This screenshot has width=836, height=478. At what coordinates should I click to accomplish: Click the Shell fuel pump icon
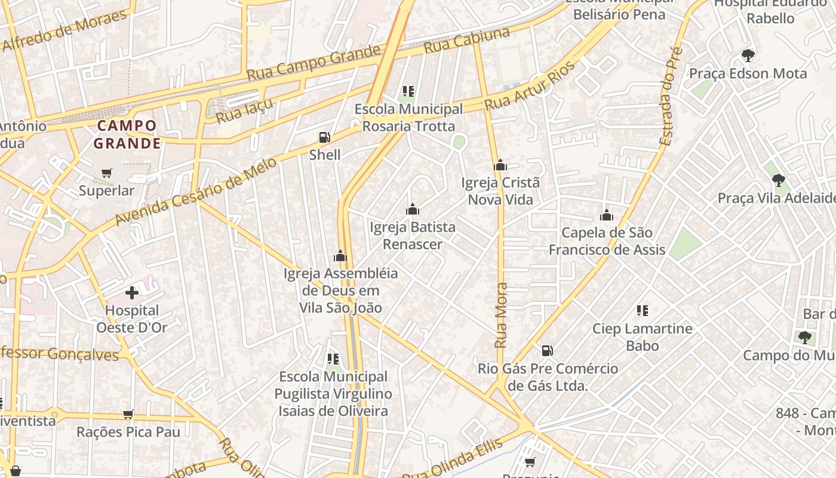click(324, 138)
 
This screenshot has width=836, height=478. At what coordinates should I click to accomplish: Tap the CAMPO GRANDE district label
click(127, 134)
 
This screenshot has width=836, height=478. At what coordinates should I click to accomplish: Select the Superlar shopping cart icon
click(107, 173)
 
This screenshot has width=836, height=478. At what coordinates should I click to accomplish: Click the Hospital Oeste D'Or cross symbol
click(132, 293)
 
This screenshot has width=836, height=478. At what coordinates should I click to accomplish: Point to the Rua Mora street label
click(501, 315)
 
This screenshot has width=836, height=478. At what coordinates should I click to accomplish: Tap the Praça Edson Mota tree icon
click(748, 56)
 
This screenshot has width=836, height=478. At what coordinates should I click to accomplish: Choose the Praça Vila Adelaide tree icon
click(778, 180)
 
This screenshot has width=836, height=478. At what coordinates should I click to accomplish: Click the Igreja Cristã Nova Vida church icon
click(500, 166)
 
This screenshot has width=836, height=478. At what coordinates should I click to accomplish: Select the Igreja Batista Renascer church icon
click(412, 210)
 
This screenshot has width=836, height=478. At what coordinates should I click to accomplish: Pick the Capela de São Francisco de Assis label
click(607, 241)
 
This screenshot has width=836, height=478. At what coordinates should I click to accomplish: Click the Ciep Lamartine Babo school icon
click(643, 311)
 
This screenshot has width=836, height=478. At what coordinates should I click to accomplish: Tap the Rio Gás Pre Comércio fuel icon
click(547, 351)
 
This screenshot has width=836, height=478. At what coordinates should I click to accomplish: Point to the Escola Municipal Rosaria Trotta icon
click(408, 92)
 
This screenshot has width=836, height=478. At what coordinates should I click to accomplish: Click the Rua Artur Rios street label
click(529, 86)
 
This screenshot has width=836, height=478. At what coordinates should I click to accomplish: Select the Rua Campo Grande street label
click(314, 63)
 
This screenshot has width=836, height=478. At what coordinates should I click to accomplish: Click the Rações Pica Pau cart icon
click(128, 414)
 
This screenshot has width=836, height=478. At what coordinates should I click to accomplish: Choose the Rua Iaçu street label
click(244, 111)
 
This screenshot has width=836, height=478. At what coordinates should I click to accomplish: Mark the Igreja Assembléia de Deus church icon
click(340, 256)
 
